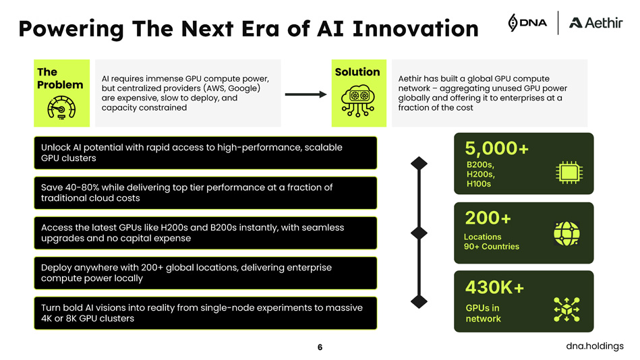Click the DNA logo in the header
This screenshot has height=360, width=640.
click(527, 22)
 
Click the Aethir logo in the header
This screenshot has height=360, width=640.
click(596, 23)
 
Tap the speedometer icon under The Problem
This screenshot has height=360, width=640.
click(61, 108)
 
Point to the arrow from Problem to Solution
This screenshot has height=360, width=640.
click(306, 94)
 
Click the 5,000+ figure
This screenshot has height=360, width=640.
click(497, 148)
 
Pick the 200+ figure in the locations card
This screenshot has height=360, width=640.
click(488, 218)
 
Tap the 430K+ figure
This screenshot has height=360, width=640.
click(494, 287)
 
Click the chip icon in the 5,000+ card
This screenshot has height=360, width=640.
click(569, 172)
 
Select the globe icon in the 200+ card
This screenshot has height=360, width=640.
click(566, 233)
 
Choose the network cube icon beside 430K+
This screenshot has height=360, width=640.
click(566, 309)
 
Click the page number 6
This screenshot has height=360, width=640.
click(320, 347)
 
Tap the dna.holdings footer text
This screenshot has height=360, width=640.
click(595, 346)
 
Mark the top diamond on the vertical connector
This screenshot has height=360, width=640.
click(419, 163)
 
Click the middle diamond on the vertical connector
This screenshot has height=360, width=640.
click(419, 233)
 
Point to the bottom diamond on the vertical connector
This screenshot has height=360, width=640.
click(419, 301)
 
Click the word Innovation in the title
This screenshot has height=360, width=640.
click(415, 28)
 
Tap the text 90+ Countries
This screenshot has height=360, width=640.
click(492, 247)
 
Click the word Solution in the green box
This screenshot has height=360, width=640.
click(357, 72)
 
